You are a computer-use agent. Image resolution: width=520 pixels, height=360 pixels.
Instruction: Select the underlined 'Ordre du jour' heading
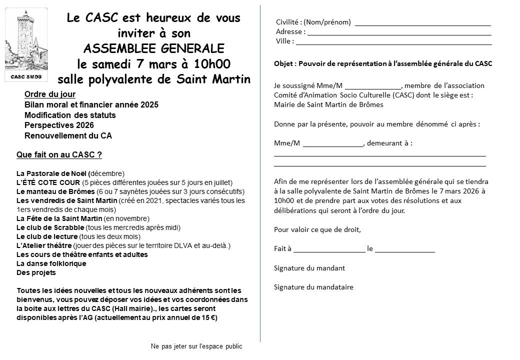click(50, 94)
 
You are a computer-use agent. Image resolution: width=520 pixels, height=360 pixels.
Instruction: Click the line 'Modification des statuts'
click(70, 115)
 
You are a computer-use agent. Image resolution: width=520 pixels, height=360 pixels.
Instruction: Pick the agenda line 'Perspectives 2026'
click(59, 125)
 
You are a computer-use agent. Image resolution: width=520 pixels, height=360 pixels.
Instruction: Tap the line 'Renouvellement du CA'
click(68, 135)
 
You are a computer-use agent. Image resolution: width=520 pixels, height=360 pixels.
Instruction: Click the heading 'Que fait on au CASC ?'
click(59, 155)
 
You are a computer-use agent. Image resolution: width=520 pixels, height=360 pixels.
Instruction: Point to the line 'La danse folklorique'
click(51, 263)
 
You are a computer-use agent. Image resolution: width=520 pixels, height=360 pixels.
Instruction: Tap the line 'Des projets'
click(36, 272)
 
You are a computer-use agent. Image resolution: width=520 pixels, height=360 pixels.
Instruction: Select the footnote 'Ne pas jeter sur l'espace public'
click(196, 346)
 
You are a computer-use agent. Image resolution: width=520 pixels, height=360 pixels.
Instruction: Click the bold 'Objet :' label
click(284, 63)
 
